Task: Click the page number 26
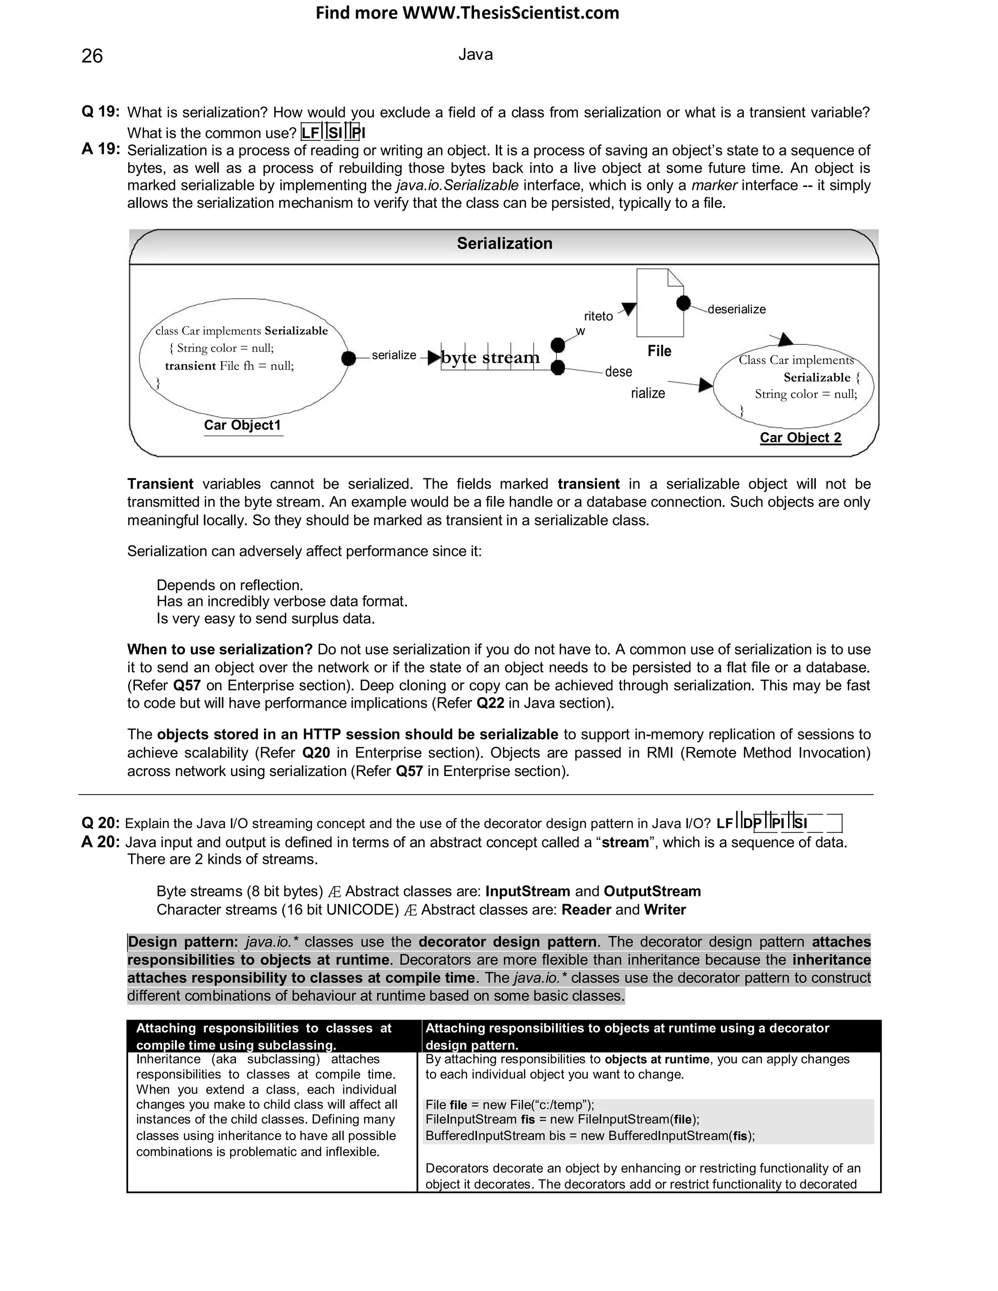click(92, 56)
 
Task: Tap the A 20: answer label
click(100, 842)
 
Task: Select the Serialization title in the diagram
click(504, 244)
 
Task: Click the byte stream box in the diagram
click(491, 358)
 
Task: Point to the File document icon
click(659, 303)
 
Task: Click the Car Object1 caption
click(242, 425)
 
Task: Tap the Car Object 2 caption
click(800, 437)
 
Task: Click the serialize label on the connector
click(394, 355)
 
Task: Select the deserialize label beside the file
click(736, 309)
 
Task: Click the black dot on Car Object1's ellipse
click(349, 358)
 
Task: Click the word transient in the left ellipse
click(191, 366)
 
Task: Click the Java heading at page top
click(475, 55)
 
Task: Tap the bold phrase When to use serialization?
click(220, 649)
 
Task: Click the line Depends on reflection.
click(230, 585)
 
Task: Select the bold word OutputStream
click(652, 892)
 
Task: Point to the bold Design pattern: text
click(182, 942)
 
